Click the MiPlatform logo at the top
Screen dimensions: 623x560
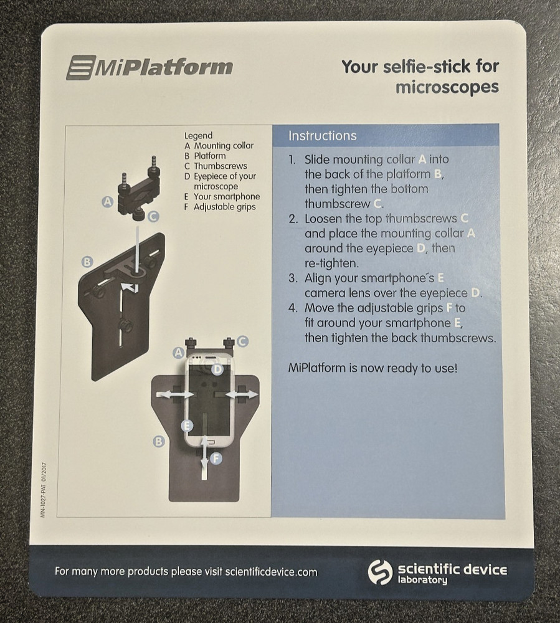pos(149,67)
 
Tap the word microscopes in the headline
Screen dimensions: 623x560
pos(447,87)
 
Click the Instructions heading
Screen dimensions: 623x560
pos(323,136)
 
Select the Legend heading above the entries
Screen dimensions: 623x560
pos(198,135)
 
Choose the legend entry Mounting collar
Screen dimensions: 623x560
pos(224,146)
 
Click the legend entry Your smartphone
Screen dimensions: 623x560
pos(226,197)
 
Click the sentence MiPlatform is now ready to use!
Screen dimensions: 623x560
pos(373,368)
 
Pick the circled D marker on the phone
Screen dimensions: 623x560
pos(217,369)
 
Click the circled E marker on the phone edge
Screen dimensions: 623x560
pos(186,426)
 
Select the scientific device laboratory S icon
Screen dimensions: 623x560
pos(379,571)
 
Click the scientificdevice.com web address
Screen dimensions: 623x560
pos(271,572)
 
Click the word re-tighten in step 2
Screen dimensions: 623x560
pos(328,263)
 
